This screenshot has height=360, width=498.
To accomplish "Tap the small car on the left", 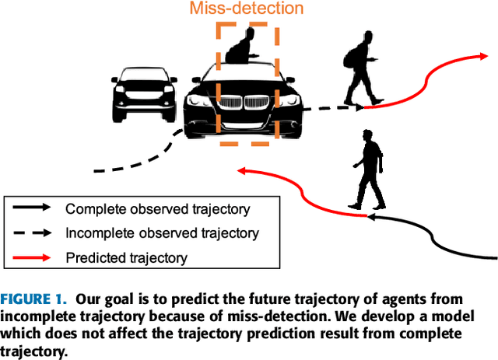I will [x=142, y=90].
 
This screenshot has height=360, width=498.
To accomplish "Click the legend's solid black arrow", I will [x=32, y=208].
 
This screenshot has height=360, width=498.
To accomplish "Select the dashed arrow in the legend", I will [x=32, y=232].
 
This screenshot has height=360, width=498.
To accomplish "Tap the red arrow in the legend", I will [x=32, y=257].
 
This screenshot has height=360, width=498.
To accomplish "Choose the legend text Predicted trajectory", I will [x=126, y=257].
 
